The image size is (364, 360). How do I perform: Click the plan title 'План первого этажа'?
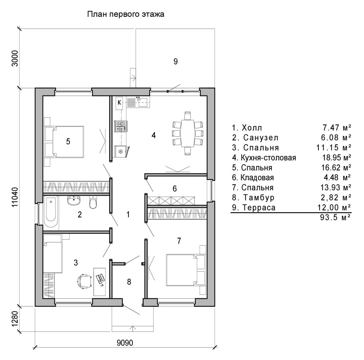pyautogui.click(x=126, y=14)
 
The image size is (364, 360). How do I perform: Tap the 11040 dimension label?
pyautogui.click(x=14, y=197)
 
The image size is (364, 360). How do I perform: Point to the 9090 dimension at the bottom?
pyautogui.click(x=125, y=342)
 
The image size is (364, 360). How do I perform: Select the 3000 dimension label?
pyautogui.click(x=15, y=58)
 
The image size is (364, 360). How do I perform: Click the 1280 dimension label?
pyautogui.click(x=14, y=319)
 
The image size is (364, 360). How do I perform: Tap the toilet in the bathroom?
pyautogui.click(x=93, y=202)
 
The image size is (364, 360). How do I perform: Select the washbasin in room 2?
pyautogui.click(x=74, y=200)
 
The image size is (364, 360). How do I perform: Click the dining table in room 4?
pyautogui.click(x=188, y=133)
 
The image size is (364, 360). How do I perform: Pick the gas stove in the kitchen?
pyautogui.click(x=121, y=126)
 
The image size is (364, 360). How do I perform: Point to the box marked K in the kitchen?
pyautogui.click(x=119, y=102)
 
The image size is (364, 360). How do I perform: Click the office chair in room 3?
pyautogui.click(x=83, y=281)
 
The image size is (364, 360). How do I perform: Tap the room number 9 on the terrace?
pyautogui.click(x=176, y=61)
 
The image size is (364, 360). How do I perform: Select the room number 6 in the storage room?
pyautogui.click(x=174, y=188)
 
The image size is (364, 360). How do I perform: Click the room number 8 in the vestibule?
pyautogui.click(x=129, y=282)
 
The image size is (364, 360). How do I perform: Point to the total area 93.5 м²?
pyautogui.click(x=335, y=218)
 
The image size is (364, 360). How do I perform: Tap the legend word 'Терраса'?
pyautogui.click(x=259, y=207)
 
